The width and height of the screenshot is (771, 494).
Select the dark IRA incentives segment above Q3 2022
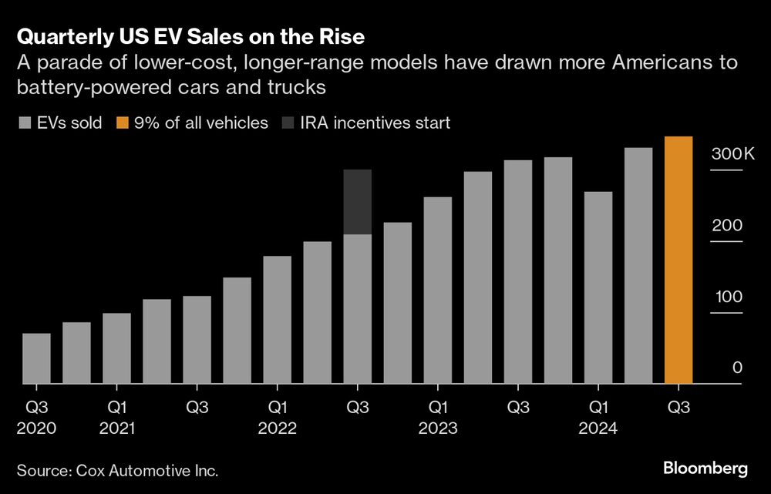click(358, 202)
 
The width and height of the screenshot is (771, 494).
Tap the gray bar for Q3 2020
click(36, 358)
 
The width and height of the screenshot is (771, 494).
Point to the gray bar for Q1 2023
click(438, 291)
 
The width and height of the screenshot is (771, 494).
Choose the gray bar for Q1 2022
click(278, 320)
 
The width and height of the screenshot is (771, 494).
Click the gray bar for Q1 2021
click(116, 348)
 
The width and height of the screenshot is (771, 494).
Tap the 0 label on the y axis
click(737, 368)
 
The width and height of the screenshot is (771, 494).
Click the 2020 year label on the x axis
click(36, 428)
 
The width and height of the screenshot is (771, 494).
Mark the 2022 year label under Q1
click(278, 428)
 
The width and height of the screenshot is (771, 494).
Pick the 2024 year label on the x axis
click(598, 428)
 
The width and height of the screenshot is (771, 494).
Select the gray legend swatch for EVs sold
click(24, 123)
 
